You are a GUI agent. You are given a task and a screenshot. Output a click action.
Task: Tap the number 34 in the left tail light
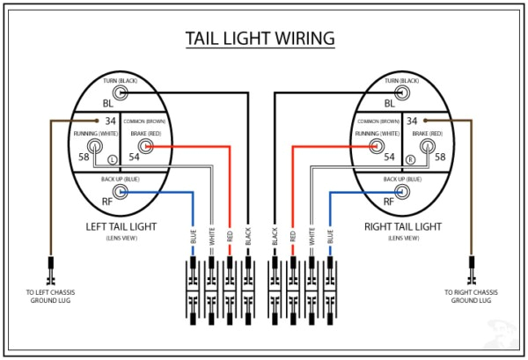(110, 121)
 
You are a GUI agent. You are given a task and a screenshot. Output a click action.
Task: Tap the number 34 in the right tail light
(411, 121)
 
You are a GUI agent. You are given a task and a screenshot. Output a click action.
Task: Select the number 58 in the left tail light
(84, 156)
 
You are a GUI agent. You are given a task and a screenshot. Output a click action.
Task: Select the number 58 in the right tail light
(440, 156)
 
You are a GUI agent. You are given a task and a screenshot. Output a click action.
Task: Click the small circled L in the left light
(112, 159)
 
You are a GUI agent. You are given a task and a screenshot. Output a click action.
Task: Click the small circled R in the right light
(410, 159)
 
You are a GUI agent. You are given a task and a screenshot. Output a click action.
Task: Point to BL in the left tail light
(108, 102)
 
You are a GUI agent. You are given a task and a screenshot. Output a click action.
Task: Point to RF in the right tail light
(413, 200)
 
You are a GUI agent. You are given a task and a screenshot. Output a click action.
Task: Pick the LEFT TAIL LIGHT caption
(121, 226)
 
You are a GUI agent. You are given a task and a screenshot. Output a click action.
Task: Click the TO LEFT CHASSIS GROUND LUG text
(49, 296)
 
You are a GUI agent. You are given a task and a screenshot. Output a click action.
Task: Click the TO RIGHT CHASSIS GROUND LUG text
(474, 296)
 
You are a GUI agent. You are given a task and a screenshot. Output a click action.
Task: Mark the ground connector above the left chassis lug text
(50, 266)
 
